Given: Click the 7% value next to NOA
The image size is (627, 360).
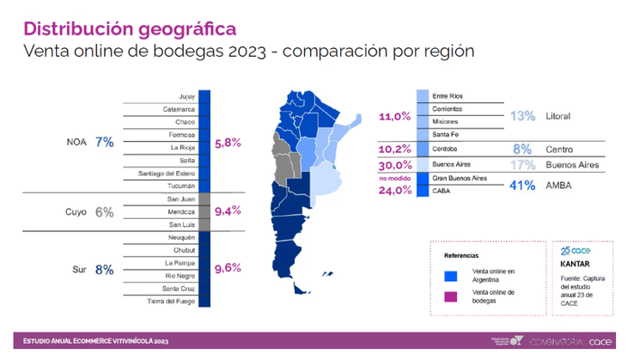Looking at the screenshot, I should tap(106, 141).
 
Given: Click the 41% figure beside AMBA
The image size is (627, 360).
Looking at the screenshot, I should tap(522, 185).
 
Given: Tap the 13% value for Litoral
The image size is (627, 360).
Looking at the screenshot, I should tap(522, 115).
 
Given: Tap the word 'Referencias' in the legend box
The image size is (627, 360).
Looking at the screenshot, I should tap(461, 256).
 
